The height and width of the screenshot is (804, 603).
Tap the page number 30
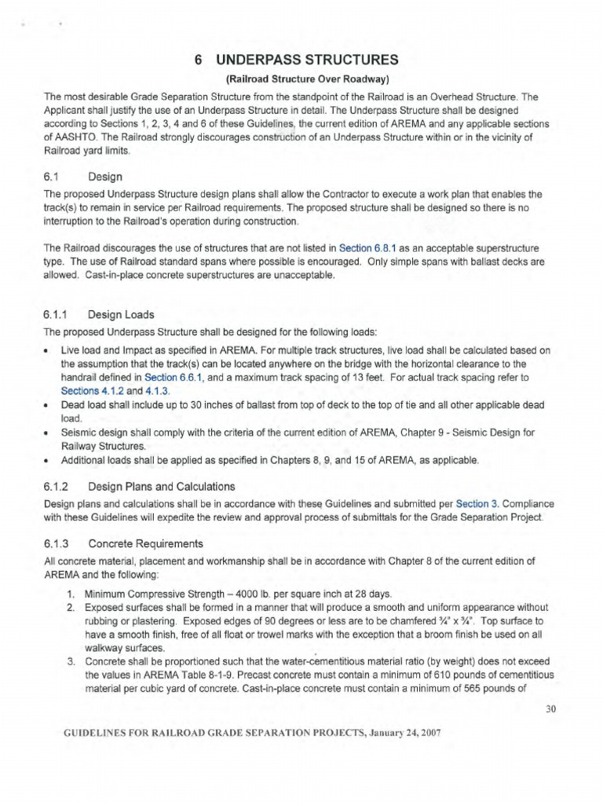(x=550, y=709)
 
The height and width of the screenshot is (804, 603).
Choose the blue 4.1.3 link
(x=157, y=390)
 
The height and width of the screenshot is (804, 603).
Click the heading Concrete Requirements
(x=146, y=543)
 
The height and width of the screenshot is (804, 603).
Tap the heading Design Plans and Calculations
(x=162, y=486)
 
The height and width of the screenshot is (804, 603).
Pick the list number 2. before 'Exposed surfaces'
(x=70, y=607)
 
